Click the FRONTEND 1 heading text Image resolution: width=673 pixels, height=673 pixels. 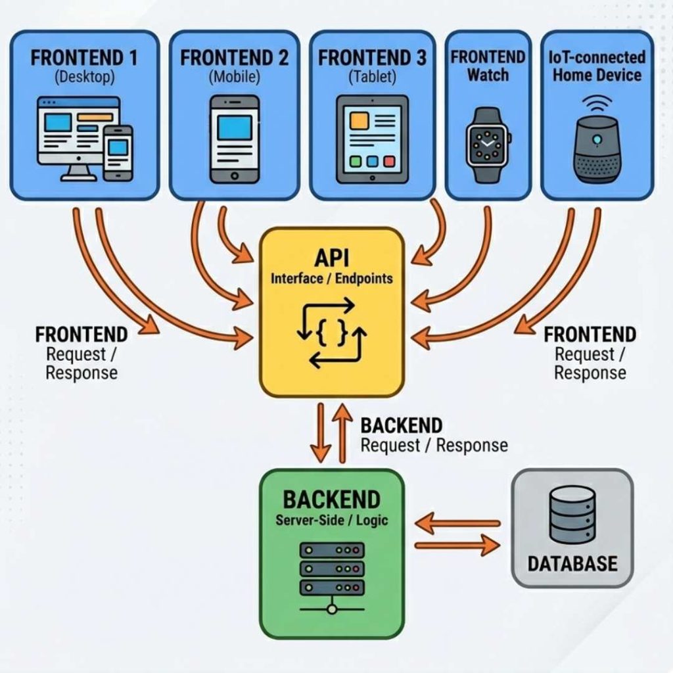point(84,57)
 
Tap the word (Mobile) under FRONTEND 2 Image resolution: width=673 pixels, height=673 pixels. point(235,77)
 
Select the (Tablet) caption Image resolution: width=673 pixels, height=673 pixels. point(372,77)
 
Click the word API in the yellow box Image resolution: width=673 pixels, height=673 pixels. point(332,255)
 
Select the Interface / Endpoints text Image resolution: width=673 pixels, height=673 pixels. point(332,278)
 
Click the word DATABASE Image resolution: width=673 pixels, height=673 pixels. point(572,563)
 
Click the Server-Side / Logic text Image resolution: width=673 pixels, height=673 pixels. point(331,521)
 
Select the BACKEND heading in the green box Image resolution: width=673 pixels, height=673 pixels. point(331,499)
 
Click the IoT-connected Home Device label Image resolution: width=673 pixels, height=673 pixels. point(597,66)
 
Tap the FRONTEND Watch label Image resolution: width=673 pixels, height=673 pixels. point(488,66)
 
